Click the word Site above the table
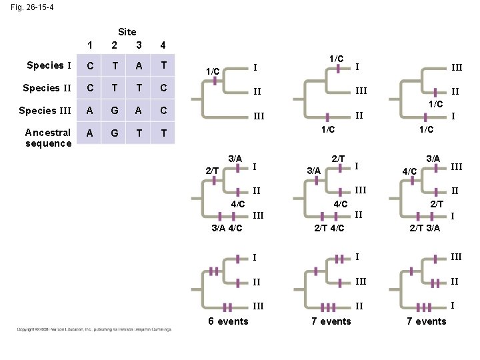pyautogui.click(x=127, y=32)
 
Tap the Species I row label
pyautogui.click(x=48, y=65)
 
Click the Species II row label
pyautogui.click(x=47, y=88)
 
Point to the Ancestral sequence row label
pyautogui.click(x=48, y=137)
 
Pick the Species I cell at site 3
pyautogui.click(x=138, y=66)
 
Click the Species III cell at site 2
pyautogui.click(x=115, y=111)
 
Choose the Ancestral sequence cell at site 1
pyautogui.click(x=91, y=133)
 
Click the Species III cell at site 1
pyautogui.click(x=91, y=111)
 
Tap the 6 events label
pyautogui.click(x=228, y=321)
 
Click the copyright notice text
pyautogui.click(x=94, y=329)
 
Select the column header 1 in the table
pyautogui.click(x=91, y=45)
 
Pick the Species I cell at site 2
pyautogui.click(x=115, y=66)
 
